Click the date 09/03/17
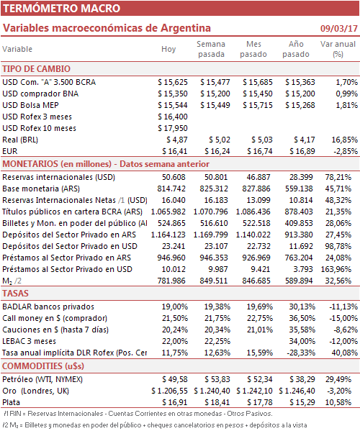(338, 28)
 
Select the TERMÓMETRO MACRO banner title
(62, 8)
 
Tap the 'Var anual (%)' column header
(338, 49)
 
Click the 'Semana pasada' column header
(211, 49)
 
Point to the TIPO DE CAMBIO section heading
(36, 69)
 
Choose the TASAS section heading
(15, 294)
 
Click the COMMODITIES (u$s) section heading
(43, 366)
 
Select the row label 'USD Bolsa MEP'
(30, 105)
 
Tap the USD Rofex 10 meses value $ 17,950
(173, 128)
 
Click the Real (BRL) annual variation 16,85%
(345, 140)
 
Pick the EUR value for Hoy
(175, 151)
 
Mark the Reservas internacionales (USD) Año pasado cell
(301, 177)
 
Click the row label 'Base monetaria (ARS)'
(41, 189)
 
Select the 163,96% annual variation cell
(336, 269)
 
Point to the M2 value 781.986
(171, 281)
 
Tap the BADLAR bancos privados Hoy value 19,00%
(175, 307)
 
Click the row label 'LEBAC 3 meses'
(29, 341)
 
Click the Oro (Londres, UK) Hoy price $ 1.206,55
(169, 391)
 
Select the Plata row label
(12, 402)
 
